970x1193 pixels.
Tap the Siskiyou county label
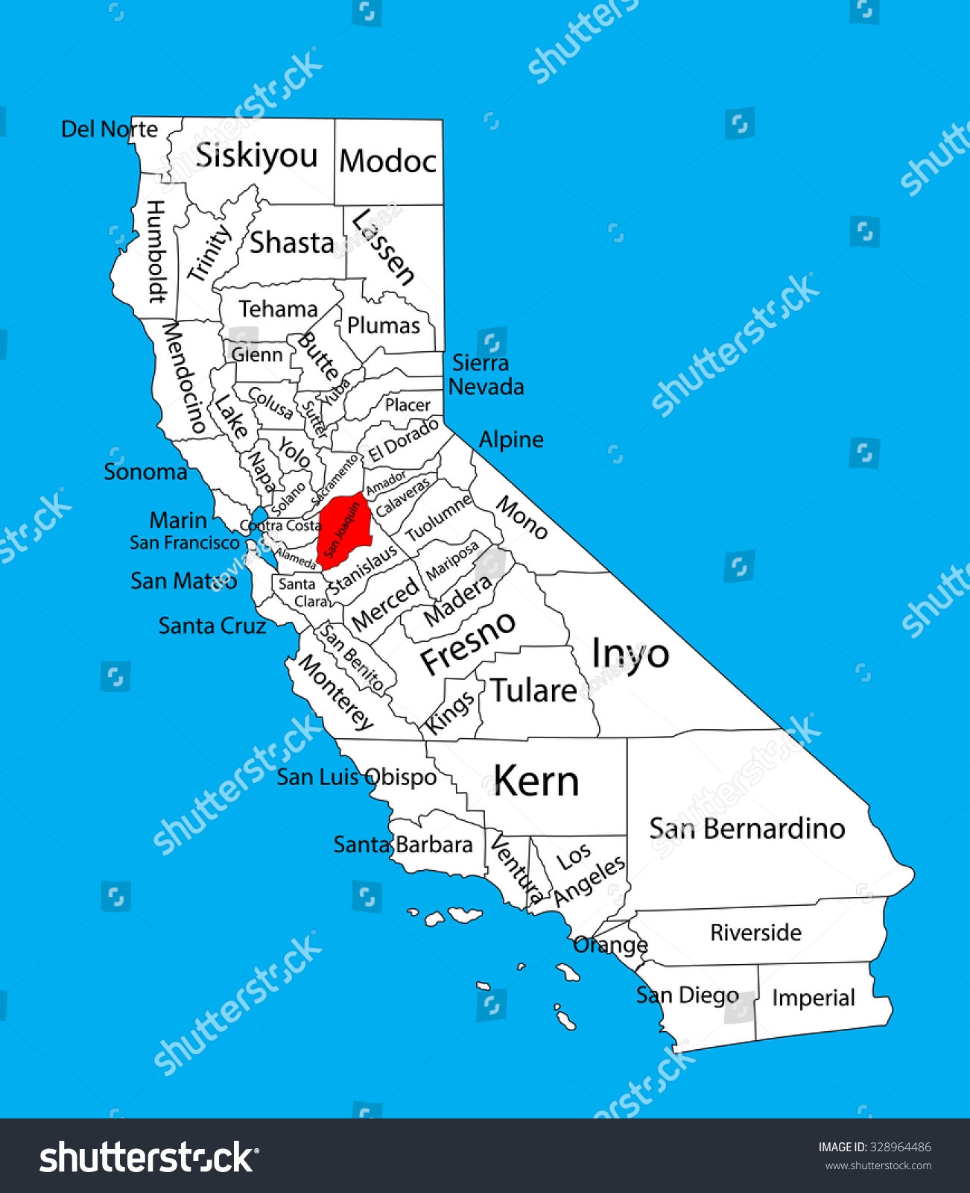tap(256, 156)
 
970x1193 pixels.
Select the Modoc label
tap(387, 161)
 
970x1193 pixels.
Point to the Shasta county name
tap(291, 243)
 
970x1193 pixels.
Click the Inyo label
tap(630, 655)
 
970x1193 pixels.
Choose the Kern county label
tap(536, 781)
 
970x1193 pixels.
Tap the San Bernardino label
tap(746, 828)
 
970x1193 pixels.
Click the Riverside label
tap(755, 933)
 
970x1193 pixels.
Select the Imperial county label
tap(813, 998)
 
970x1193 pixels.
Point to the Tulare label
tap(533, 691)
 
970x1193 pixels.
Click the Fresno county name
tap(468, 643)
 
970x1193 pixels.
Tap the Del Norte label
tap(110, 130)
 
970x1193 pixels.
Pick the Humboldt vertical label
tap(156, 251)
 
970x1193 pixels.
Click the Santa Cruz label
tap(212, 626)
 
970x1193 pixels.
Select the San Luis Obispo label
tap(357, 777)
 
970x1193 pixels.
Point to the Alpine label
tap(511, 440)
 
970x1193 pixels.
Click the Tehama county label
tap(278, 309)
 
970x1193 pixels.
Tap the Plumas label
tap(384, 326)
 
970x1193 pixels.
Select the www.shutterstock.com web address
tap(878, 1166)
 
